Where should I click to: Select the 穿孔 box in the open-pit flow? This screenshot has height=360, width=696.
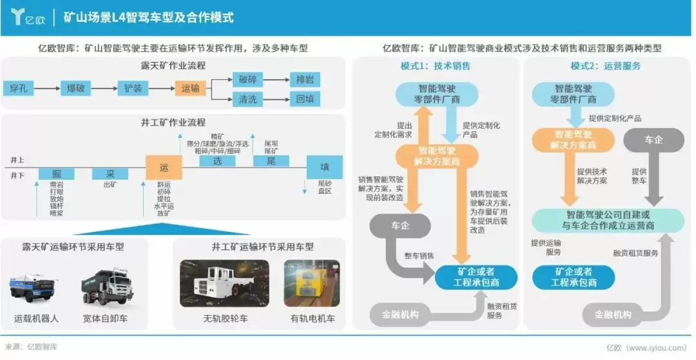pos(19,88)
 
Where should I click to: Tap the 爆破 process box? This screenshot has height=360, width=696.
pos(76,88)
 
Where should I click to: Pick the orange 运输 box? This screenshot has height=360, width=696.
pos(190,88)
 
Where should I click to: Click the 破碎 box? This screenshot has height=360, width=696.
pos(247,81)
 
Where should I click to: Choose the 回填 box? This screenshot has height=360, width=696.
pos(304,100)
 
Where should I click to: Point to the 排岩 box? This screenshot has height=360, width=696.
pos(304,81)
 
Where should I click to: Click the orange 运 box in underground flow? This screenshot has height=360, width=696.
pos(164,167)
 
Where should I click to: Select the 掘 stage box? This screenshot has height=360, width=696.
pos(56,173)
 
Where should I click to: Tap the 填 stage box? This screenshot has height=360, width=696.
pos(324,167)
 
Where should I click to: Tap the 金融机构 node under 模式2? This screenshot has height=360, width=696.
pos(614,315)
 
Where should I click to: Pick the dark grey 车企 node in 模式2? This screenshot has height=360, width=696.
pos(653,140)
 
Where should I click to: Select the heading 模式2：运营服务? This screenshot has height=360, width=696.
pos(605,66)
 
